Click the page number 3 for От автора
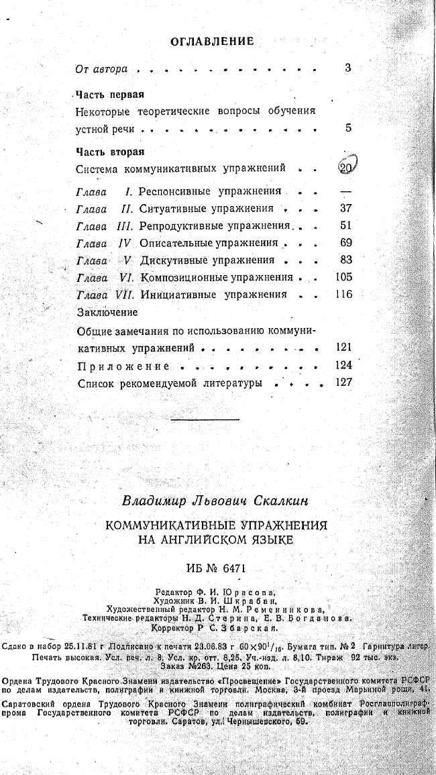(x=347, y=68)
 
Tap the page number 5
(x=348, y=127)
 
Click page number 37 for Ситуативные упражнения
(x=346, y=209)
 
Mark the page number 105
(x=343, y=276)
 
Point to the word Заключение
(x=107, y=312)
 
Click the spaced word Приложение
(x=123, y=366)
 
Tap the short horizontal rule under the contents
(x=205, y=419)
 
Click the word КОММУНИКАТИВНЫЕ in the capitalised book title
(x=162, y=525)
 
